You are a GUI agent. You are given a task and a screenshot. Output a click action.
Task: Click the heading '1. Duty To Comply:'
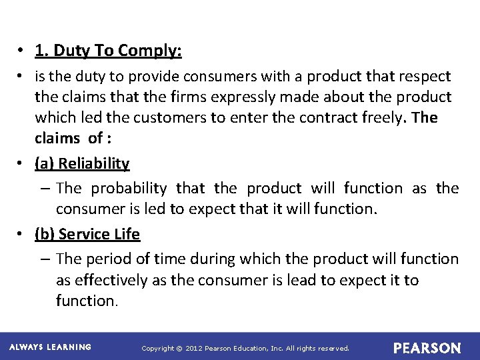108,51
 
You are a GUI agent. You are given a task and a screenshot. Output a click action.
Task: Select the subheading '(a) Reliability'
82,163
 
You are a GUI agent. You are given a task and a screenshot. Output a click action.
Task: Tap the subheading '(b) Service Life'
87,234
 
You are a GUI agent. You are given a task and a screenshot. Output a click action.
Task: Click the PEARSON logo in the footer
427,348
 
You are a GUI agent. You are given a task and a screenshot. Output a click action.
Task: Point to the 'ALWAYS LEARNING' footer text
50,347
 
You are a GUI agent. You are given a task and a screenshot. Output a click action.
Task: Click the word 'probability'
129,189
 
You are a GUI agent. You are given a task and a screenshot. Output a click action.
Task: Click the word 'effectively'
111,280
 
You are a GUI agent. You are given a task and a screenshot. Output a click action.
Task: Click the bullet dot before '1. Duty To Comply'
23,51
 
